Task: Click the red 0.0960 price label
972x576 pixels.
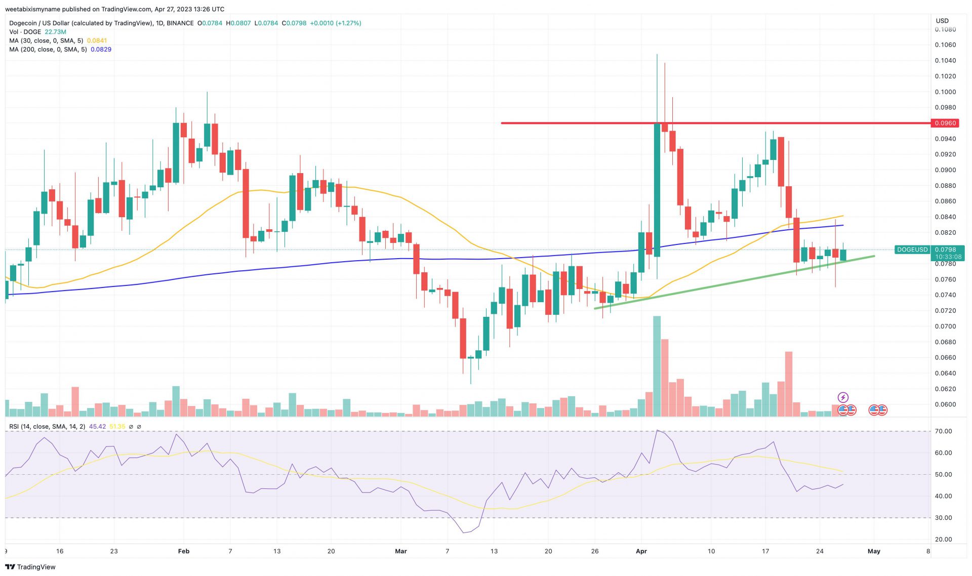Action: pos(945,123)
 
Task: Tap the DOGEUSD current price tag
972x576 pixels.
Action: pos(912,250)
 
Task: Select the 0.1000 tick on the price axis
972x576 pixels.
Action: pos(945,92)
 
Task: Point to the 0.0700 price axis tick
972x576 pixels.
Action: pos(945,326)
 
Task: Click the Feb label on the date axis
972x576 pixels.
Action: pos(184,551)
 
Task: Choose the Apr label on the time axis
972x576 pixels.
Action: pos(641,551)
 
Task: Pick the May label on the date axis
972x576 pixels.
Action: pos(874,551)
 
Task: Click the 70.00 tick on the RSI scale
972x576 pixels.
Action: pos(943,431)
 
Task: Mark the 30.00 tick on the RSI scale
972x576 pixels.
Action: pos(943,518)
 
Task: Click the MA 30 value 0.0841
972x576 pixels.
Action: pos(97,40)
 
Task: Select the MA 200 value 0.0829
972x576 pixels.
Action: pos(101,50)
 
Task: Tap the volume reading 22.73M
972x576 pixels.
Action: pos(55,32)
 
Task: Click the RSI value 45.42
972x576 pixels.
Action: pos(97,427)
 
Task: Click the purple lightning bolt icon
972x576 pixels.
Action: pos(843,397)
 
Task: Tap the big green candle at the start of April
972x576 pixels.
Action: pos(657,190)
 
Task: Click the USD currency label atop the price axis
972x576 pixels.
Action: pos(942,21)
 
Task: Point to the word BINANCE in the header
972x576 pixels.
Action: pos(180,23)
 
